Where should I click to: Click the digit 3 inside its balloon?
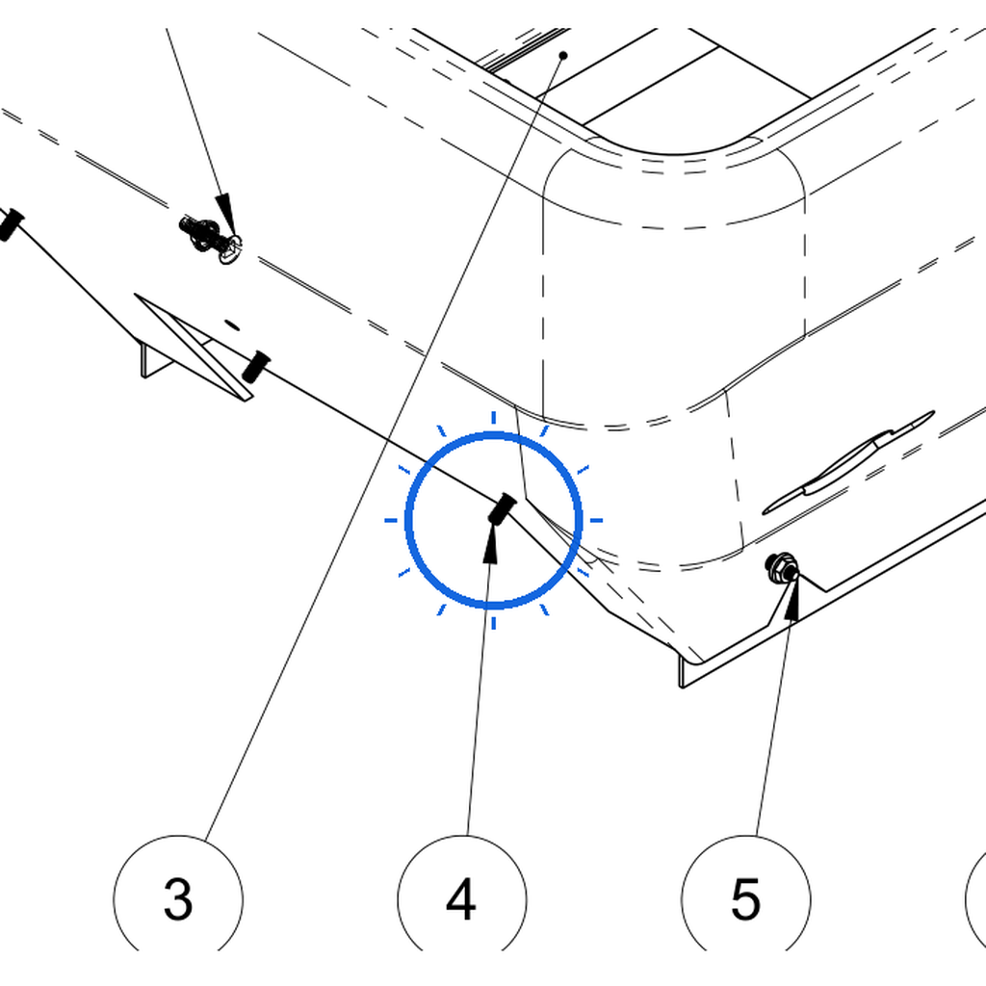click(178, 899)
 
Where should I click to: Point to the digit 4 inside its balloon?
click(461, 899)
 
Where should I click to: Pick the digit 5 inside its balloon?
click(746, 899)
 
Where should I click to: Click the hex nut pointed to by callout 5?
click(782, 567)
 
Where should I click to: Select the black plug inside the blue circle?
click(503, 508)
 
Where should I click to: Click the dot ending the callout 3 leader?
click(563, 55)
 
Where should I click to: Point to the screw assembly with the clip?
click(208, 239)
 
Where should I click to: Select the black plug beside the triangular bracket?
click(255, 367)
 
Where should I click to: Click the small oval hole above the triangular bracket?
click(233, 325)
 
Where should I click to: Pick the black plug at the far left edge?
click(10, 223)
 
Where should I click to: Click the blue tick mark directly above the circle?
click(494, 418)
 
